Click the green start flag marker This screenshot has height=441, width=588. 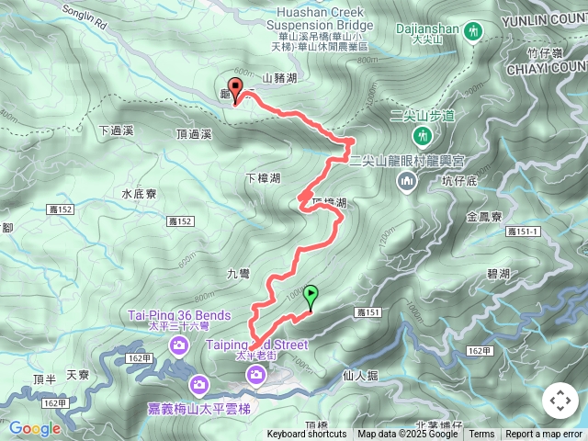coord(311,296)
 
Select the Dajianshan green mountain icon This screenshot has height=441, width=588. coord(474,30)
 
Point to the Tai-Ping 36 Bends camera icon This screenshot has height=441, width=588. coord(180,345)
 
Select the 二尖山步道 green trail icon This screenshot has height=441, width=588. coord(423,136)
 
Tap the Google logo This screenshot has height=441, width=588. coord(35,428)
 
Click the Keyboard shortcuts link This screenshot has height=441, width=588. coord(307,435)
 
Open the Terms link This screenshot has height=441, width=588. coord(481,435)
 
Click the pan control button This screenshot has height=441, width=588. coord(560,401)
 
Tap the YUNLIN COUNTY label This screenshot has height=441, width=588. coord(547,18)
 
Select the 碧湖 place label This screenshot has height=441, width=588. coord(498,274)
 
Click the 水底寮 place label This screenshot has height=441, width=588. coord(140,194)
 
